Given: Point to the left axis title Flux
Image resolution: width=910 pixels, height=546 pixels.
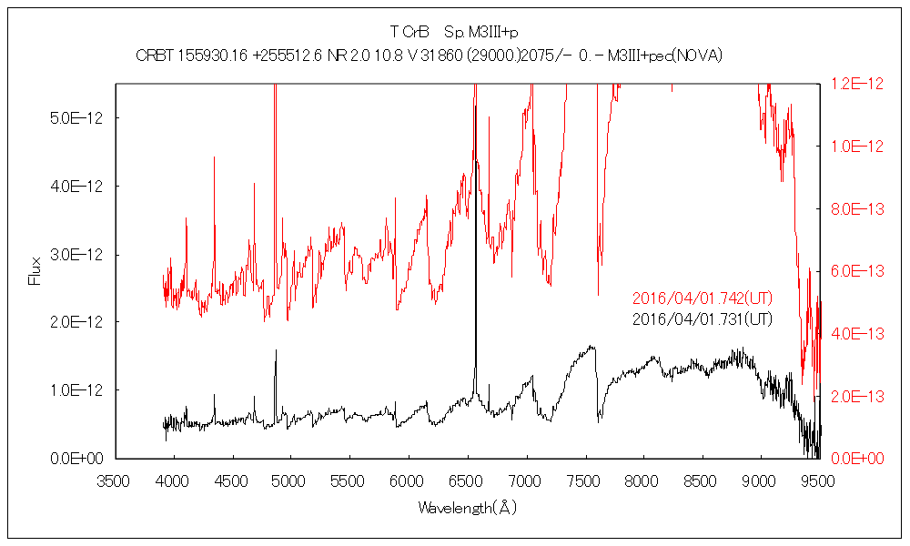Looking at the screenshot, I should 35,271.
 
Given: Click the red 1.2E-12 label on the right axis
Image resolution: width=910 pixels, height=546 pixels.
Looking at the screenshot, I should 857,84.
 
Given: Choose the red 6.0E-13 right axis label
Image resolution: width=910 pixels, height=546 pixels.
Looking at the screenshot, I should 857,271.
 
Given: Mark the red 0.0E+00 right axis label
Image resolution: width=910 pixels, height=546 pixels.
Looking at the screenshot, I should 857,458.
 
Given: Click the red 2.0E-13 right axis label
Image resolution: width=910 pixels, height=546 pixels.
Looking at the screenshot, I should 857,396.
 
